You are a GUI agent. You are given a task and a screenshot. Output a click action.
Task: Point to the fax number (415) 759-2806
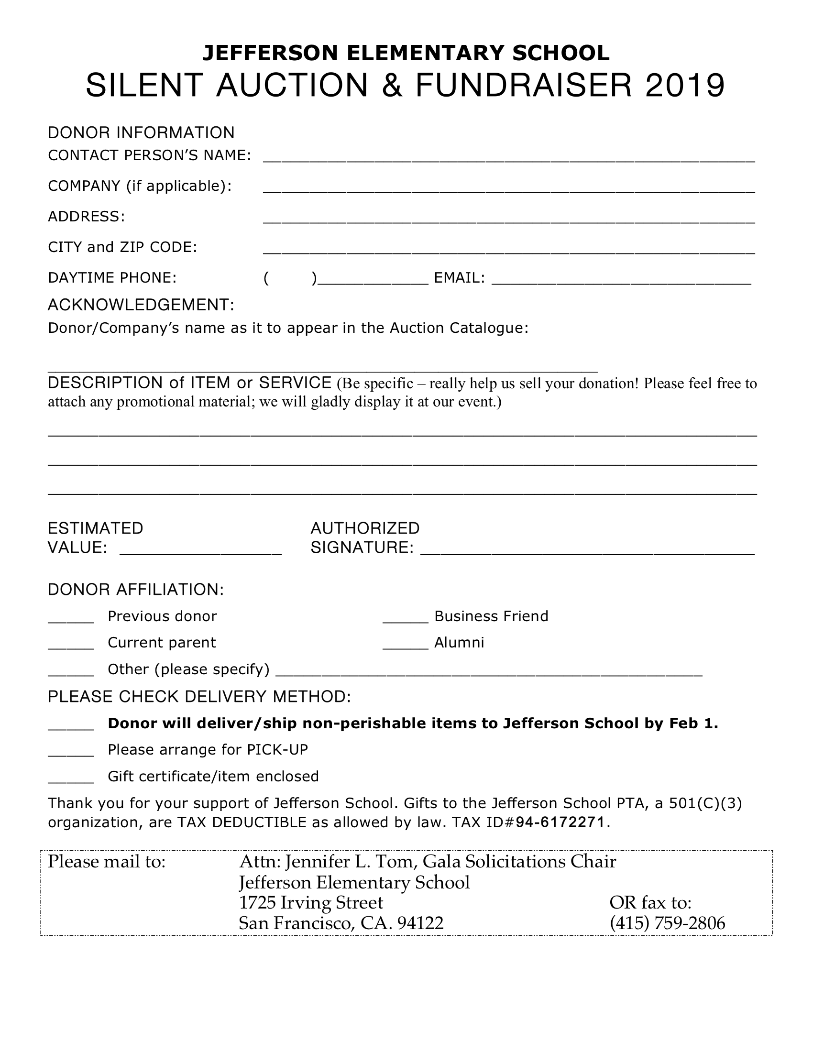[667, 923]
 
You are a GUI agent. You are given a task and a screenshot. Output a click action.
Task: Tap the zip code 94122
[420, 923]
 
